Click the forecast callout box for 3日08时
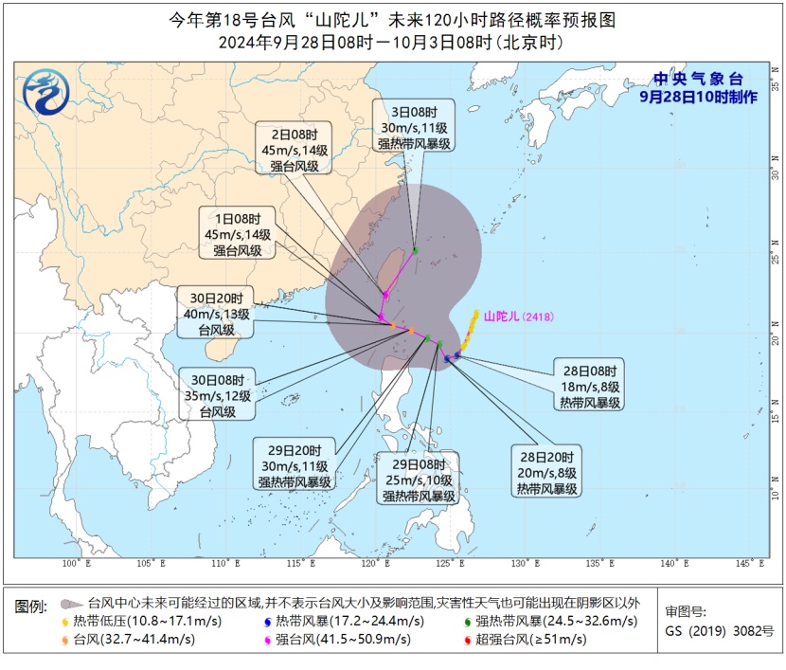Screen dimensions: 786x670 point(414,125)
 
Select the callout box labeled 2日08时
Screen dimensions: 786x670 point(294,148)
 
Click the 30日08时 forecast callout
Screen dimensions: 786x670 point(218,392)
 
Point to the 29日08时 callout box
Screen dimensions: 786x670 point(419,479)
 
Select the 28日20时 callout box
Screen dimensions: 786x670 point(546,471)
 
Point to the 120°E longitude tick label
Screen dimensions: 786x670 point(378,565)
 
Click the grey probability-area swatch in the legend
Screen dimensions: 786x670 point(69,603)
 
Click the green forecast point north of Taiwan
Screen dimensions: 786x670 point(415,250)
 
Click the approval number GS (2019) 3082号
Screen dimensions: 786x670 point(720,630)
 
